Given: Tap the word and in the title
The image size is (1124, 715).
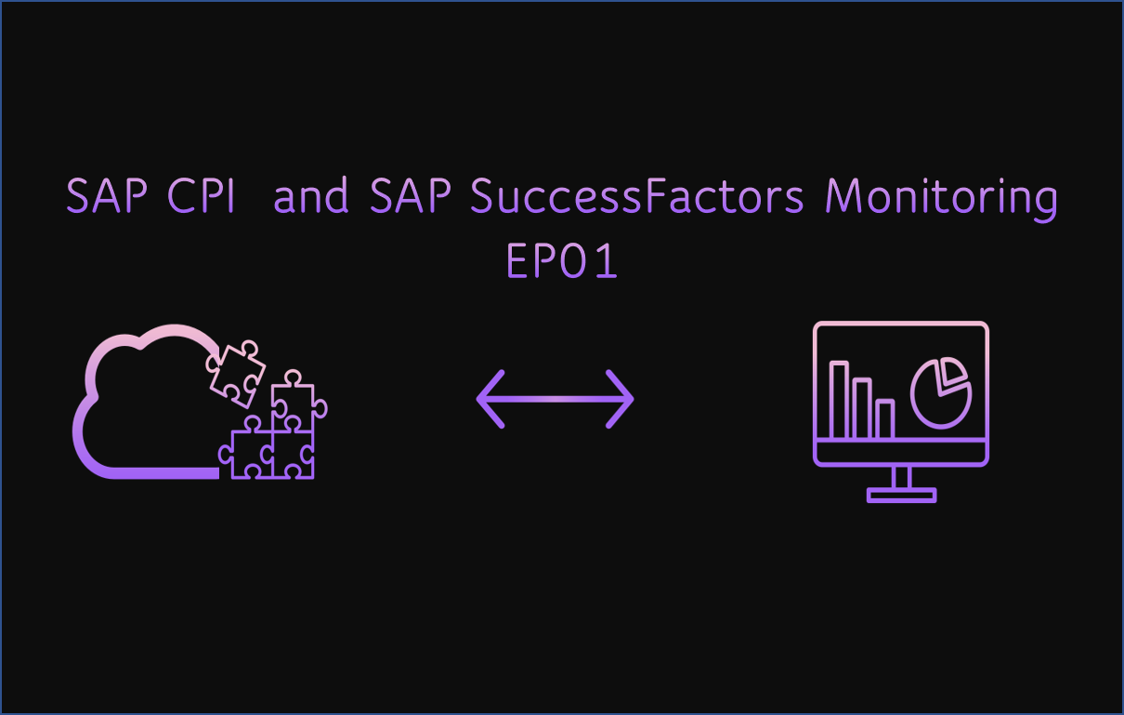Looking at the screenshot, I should (311, 196).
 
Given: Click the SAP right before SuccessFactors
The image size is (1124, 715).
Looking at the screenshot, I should (411, 196).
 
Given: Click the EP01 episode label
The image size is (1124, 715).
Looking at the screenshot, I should (562, 262).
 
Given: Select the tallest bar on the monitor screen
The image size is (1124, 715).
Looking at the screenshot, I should (839, 400).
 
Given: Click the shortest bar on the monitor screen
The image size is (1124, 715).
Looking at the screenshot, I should (884, 418).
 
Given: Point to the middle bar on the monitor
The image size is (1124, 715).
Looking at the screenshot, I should (862, 408).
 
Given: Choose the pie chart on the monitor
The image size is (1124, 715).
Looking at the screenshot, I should (939, 396).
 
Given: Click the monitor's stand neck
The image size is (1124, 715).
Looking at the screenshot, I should (901, 476).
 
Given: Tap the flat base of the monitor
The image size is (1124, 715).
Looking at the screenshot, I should (901, 496).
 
